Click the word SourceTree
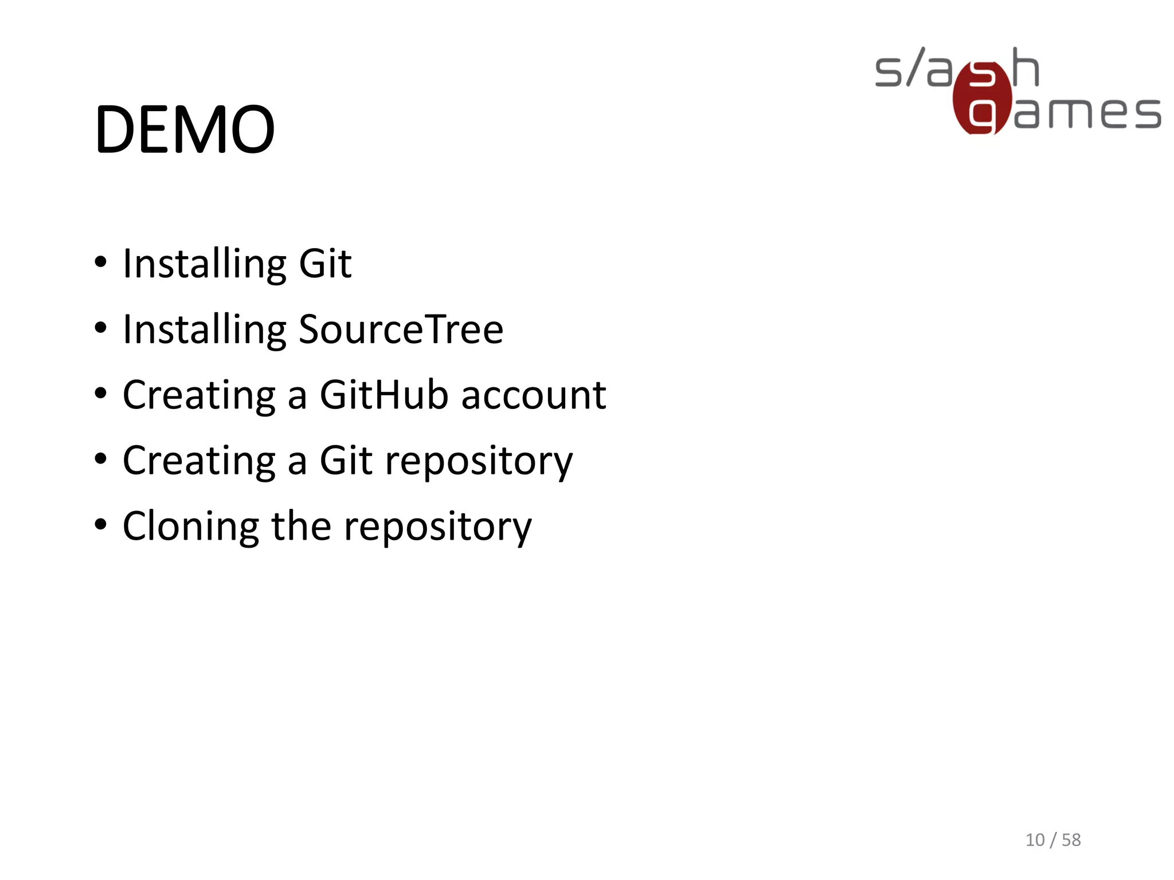pos(401,330)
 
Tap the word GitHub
pos(383,395)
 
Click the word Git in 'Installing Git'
pos(325,264)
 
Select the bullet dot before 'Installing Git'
pos(101,262)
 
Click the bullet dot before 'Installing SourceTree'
pos(101,328)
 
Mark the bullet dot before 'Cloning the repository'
pos(101,525)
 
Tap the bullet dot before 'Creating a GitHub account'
pos(101,394)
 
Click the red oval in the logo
pos(982,99)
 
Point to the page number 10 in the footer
pos(1035,840)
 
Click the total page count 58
pos(1071,840)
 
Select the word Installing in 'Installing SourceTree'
pos(205,331)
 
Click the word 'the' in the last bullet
pos(301,526)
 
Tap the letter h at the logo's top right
pos(1026,68)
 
